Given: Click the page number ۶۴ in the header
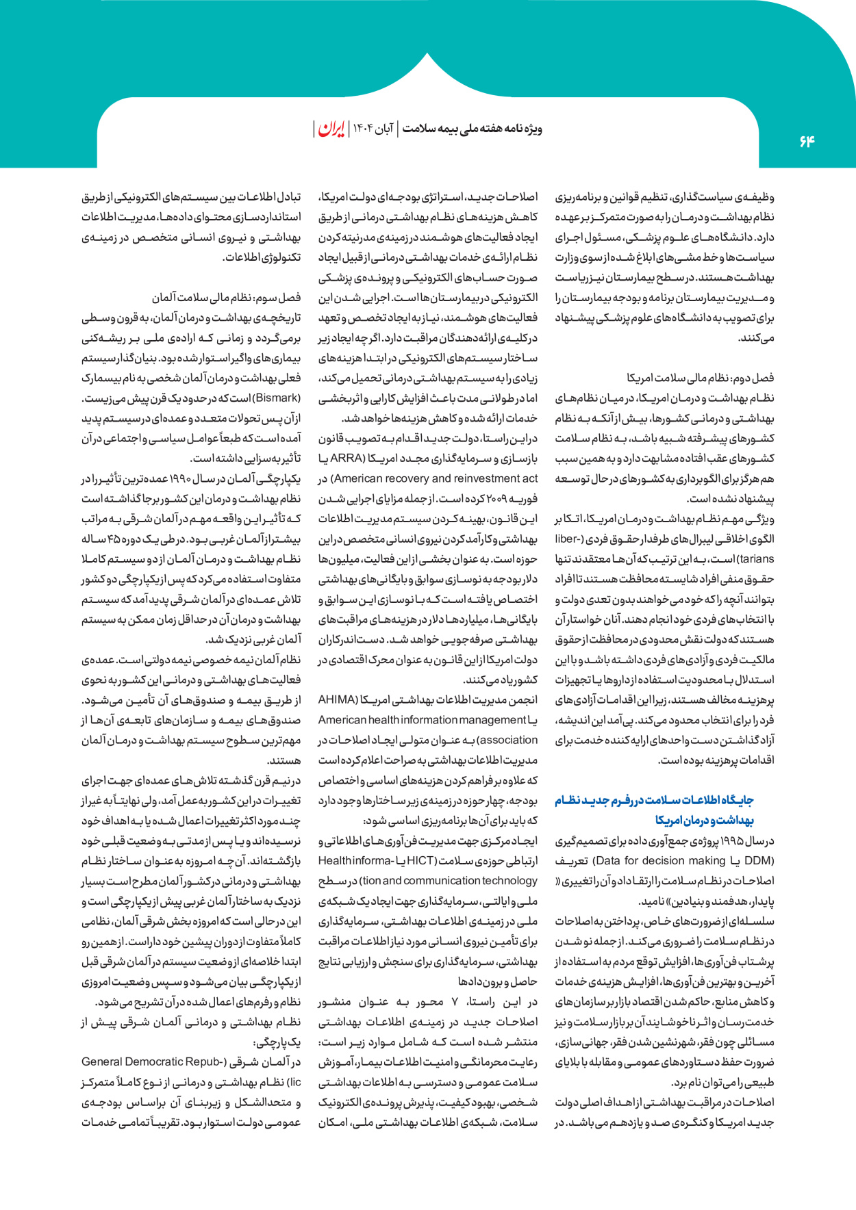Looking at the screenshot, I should point(807,141).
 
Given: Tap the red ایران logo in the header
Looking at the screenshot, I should point(331,129).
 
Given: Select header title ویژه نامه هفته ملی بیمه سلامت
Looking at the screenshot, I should point(472,129).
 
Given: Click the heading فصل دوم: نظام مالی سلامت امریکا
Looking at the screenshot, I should point(701,378).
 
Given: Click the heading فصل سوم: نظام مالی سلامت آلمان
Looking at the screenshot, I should point(227,298).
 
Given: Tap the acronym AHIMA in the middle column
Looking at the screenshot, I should point(338,699).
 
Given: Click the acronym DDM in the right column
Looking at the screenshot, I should point(759,860).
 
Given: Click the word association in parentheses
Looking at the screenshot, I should point(509,740).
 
